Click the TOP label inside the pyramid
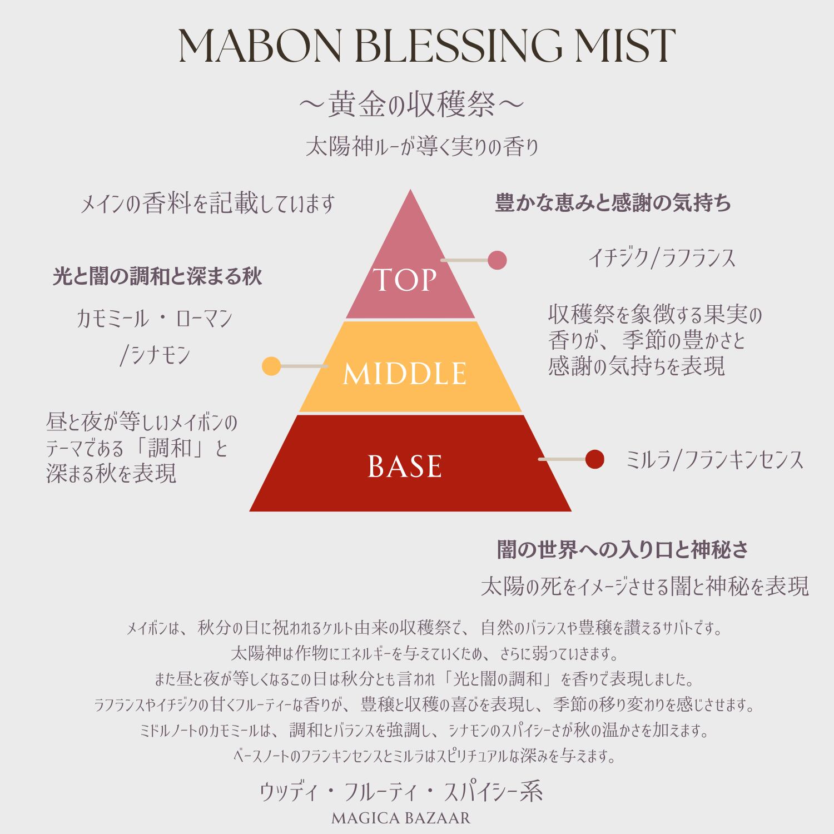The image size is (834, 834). click(405, 280)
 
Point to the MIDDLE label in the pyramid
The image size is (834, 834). click(405, 373)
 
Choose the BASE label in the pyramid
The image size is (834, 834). click(405, 466)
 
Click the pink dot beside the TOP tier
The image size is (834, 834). click(497, 260)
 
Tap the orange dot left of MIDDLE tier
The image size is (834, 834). click(271, 366)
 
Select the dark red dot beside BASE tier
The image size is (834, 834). click(594, 459)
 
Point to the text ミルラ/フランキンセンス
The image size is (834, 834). click(714, 460)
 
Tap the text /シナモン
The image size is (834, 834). click(155, 355)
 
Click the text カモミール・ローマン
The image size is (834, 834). click(154, 319)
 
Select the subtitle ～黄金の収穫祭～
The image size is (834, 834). click(411, 105)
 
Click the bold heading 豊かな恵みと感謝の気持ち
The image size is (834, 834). click(613, 203)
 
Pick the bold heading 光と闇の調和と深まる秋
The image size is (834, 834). click(157, 276)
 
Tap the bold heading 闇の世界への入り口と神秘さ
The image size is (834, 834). click(623, 550)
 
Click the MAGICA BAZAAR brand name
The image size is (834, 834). click(401, 818)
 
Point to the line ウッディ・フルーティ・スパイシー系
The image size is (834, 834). click(401, 792)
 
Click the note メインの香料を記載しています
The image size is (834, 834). click(207, 204)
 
